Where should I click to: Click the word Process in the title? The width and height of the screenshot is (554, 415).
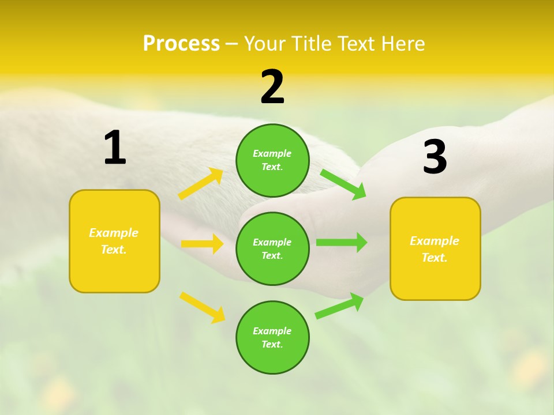(x=181, y=43)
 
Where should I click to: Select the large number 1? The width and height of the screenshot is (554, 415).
(x=115, y=148)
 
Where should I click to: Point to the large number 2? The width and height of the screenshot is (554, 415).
(x=272, y=87)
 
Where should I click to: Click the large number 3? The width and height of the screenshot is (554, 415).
(x=435, y=157)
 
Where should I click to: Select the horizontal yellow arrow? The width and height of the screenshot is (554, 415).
(x=202, y=244)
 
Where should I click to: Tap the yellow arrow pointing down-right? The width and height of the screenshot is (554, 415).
(x=202, y=307)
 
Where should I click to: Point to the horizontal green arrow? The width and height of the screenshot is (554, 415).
(x=342, y=242)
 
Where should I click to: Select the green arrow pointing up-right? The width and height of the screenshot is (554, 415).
(x=339, y=306)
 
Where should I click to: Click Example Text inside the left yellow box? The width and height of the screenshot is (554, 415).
(x=114, y=241)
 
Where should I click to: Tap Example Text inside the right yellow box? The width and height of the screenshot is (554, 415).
(x=435, y=249)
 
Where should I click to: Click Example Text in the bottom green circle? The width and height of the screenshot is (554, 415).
(x=272, y=337)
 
